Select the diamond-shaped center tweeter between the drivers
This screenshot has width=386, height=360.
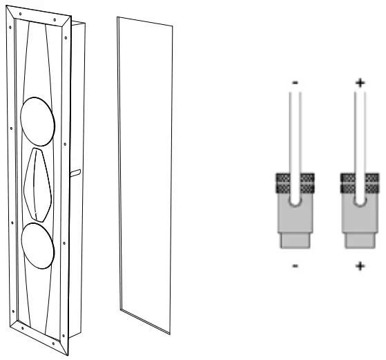click(39, 184)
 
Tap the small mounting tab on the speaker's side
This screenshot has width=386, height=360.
click(75, 171)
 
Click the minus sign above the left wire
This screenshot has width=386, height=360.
click(295, 83)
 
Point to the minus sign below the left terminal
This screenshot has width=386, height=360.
click(295, 265)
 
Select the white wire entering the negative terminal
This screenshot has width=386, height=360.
click(295, 138)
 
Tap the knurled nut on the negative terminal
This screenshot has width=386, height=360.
click(295, 183)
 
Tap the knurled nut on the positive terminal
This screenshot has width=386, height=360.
click(358, 183)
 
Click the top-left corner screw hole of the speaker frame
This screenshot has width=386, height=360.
click(21, 14)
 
